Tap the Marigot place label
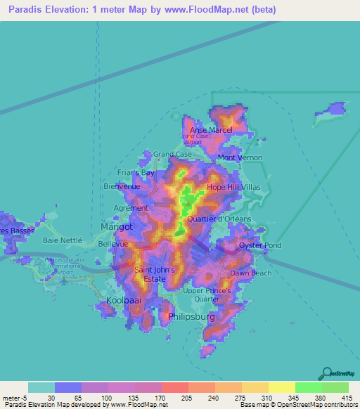tap(117, 228)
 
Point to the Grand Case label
tap(173, 154)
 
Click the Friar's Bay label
tap(136, 172)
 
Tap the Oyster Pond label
tap(260, 245)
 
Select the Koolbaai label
tap(124, 300)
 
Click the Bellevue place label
tap(113, 243)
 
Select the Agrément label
tap(131, 208)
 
